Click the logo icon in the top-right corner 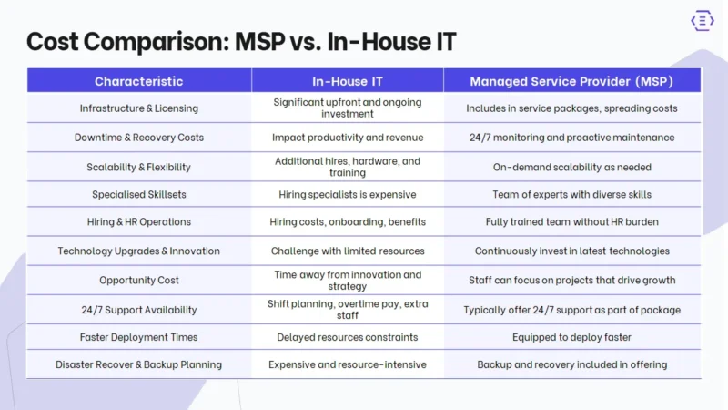[x=703, y=22]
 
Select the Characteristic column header [x=138, y=81]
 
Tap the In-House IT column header [x=347, y=81]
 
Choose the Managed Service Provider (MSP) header [x=571, y=81]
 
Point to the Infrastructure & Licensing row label [x=138, y=108]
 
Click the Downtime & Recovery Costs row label [x=138, y=138]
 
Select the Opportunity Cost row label [x=138, y=280]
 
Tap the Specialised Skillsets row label [x=138, y=194]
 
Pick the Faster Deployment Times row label [x=138, y=337]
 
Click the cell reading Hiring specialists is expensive [x=347, y=194]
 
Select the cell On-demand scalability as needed [x=571, y=167]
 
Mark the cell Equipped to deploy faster [x=571, y=337]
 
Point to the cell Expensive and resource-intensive [x=347, y=364]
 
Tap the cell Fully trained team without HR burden [x=571, y=221]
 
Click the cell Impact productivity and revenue [x=347, y=138]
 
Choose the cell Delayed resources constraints [x=347, y=337]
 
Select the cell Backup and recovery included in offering [x=571, y=364]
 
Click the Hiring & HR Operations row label [x=138, y=221]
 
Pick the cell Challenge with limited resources [x=347, y=251]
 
